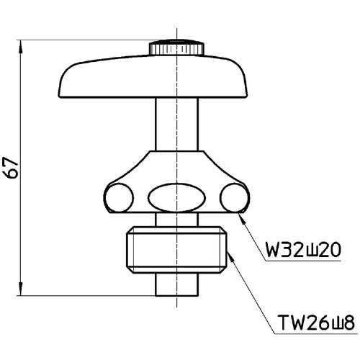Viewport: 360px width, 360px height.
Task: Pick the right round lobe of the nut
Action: point(235,196)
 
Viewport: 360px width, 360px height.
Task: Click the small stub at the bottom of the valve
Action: point(176,286)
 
